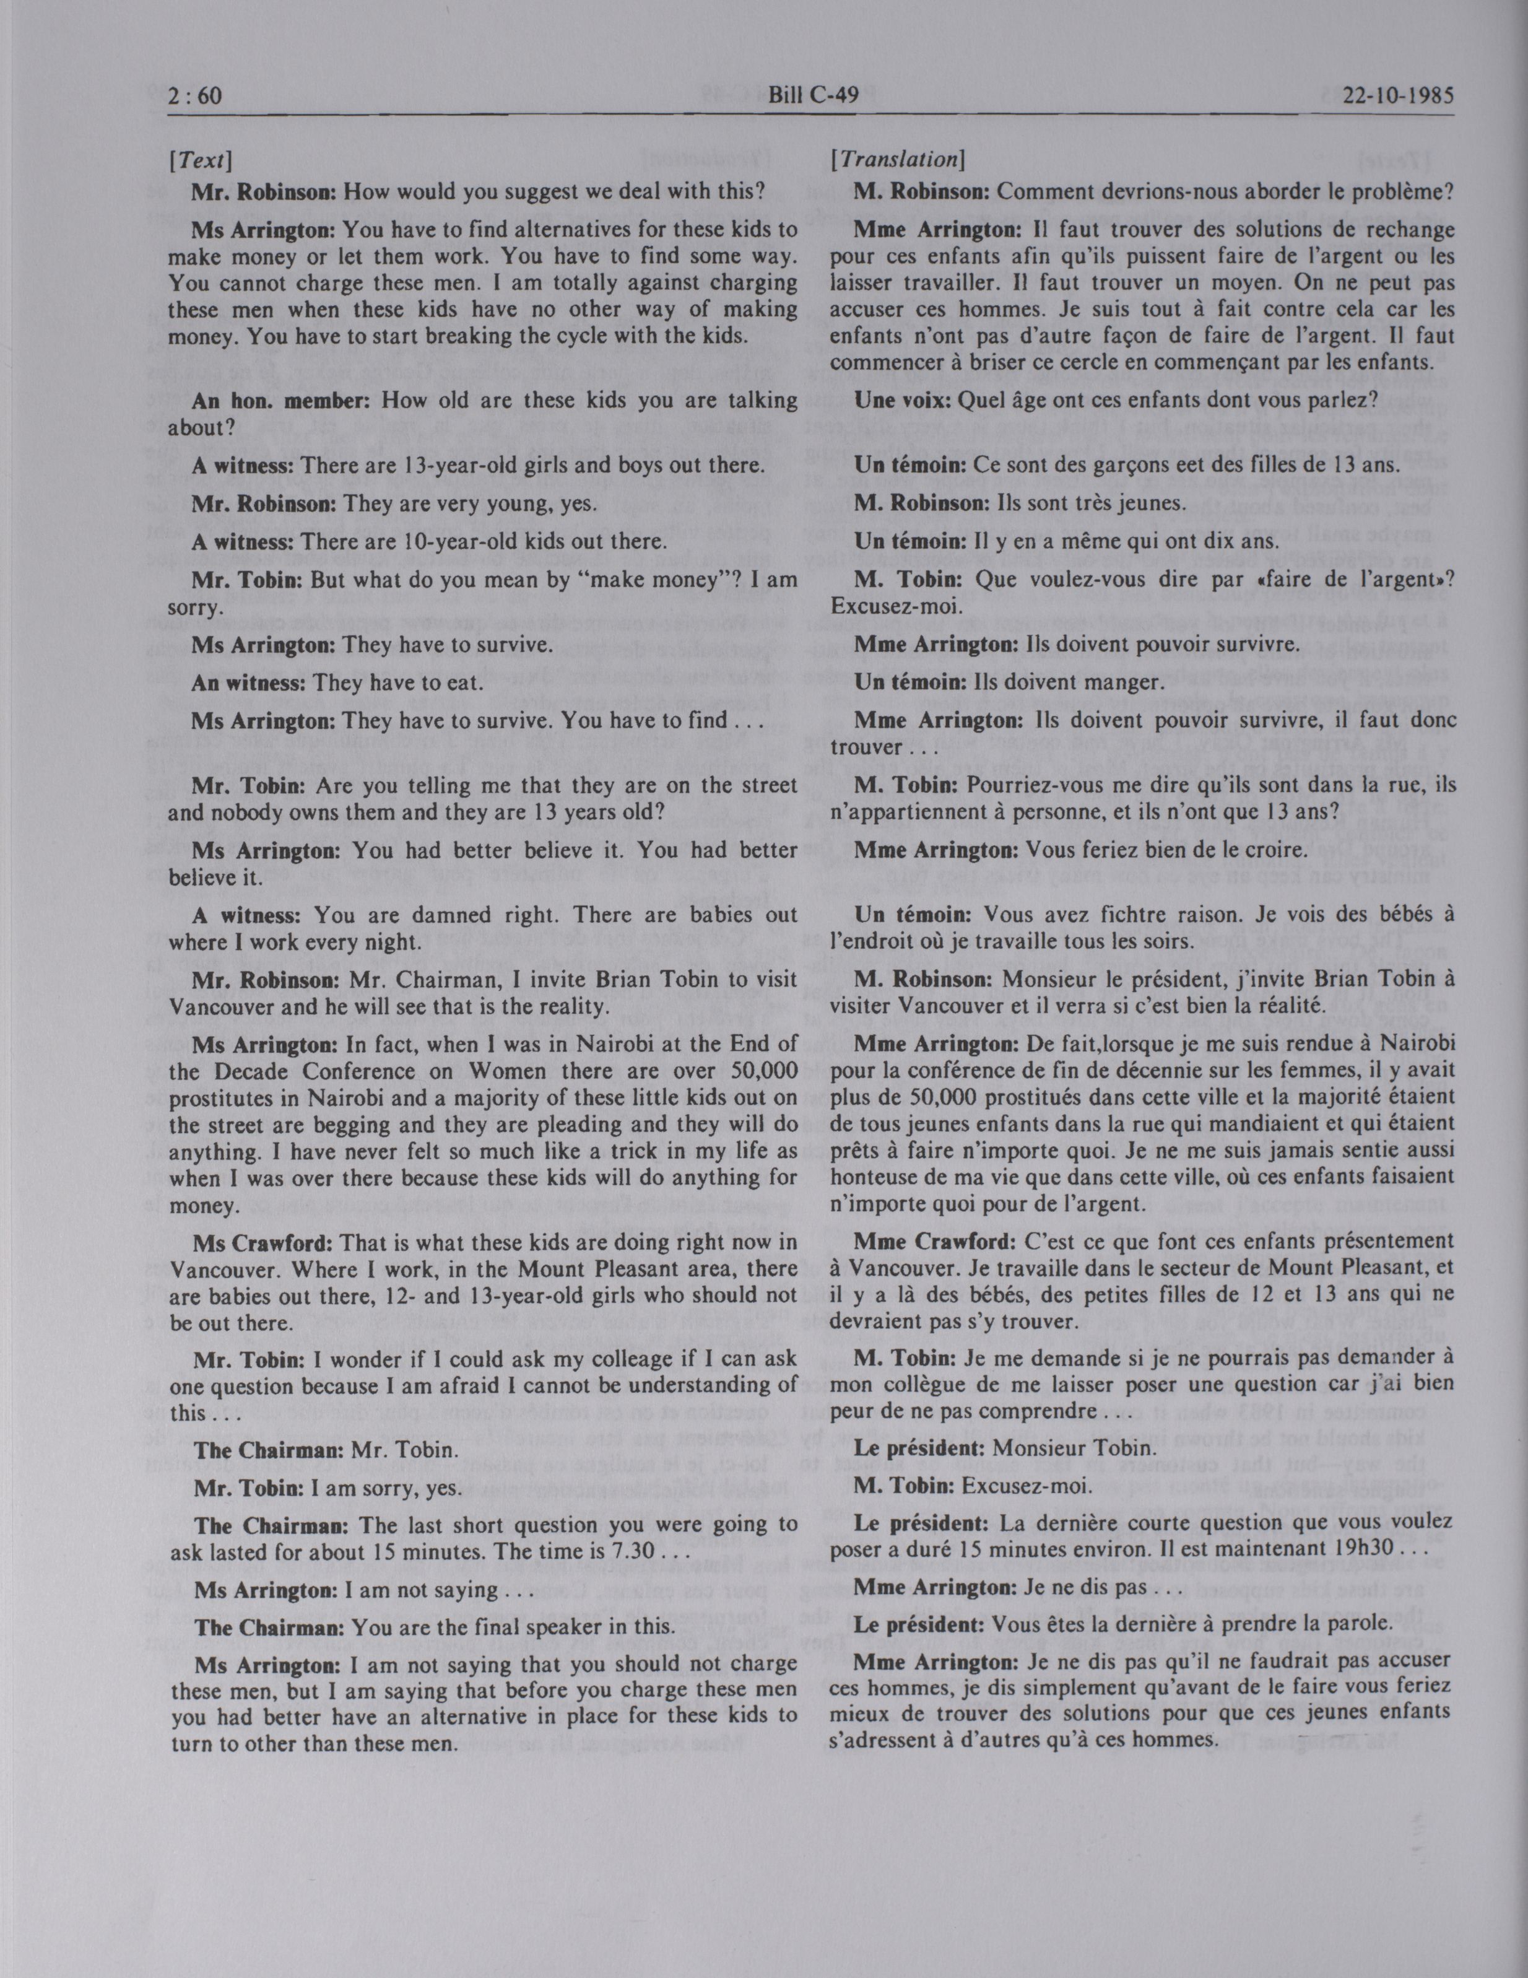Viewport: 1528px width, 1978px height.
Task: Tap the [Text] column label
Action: [x=201, y=161]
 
